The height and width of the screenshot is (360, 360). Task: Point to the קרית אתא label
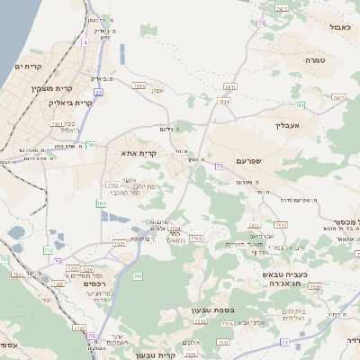(x=139, y=153)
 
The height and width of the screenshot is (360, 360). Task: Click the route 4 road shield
(x=85, y=42)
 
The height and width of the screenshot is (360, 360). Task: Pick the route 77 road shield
(x=285, y=342)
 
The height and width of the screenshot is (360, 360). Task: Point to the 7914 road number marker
(x=224, y=102)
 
